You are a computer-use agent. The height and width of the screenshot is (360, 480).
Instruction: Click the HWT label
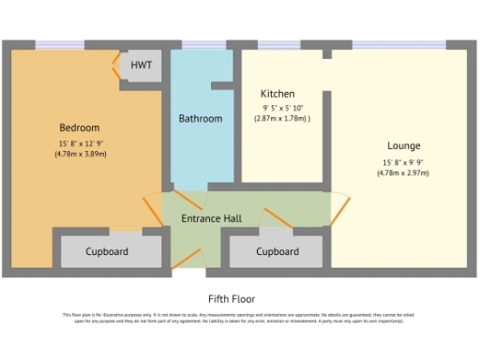coord(142,66)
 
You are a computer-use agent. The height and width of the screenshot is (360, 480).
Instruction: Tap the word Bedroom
coord(80,127)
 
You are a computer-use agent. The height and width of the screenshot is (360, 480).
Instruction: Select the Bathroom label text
coord(201,119)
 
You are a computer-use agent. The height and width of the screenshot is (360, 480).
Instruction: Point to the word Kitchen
coord(277,94)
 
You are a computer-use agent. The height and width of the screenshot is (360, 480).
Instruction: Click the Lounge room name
coord(404,146)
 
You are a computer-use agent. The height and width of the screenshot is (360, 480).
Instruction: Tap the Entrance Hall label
coord(211,218)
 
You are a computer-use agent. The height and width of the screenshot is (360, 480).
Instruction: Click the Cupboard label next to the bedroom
coord(108,252)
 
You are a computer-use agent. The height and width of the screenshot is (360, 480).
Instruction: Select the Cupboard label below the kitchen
coord(277,252)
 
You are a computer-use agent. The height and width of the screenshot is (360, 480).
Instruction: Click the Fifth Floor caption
coord(239,298)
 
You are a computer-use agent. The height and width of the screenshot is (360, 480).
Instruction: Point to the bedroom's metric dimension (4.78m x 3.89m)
coord(81,154)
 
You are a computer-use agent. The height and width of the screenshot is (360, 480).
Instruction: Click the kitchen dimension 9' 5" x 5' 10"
coord(281,108)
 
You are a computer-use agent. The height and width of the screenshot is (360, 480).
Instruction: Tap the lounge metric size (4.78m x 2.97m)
coord(405,172)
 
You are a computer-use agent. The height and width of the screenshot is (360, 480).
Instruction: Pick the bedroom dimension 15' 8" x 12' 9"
coord(81,142)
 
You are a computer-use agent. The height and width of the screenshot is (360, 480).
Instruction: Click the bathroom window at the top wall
coord(200,44)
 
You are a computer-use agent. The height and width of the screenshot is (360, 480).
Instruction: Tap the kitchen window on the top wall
coord(278,44)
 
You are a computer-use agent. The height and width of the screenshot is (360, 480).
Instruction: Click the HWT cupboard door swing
coord(117,67)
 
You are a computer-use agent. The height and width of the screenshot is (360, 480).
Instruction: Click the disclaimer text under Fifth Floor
coord(239,319)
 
